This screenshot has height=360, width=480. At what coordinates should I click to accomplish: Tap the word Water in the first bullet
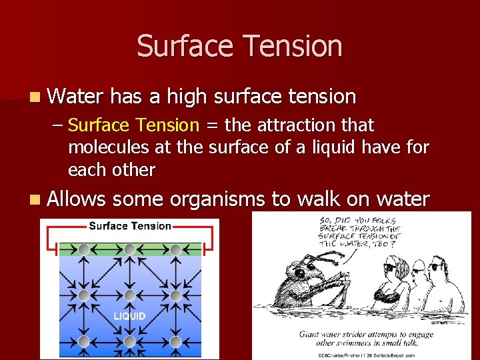tap(75, 97)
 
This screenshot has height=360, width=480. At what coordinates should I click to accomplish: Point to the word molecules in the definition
tap(104, 147)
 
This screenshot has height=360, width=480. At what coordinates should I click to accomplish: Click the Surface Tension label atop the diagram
tap(130, 226)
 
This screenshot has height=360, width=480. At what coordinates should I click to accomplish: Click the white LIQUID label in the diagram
tap(129, 316)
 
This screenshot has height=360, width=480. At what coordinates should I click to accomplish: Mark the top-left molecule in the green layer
tap(83, 249)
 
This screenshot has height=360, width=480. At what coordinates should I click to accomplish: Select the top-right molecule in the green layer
tap(175, 249)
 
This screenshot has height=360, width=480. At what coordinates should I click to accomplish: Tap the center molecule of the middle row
tap(129, 295)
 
